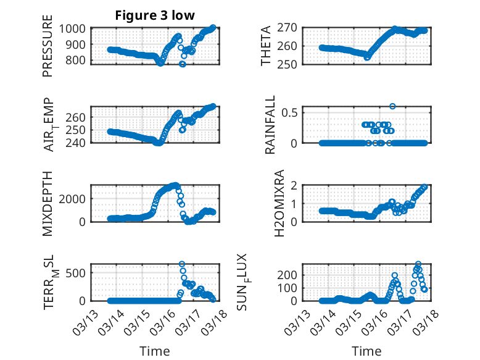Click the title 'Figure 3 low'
point(155,15)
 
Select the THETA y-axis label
point(266,46)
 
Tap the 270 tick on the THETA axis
point(290,28)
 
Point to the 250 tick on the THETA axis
point(290,64)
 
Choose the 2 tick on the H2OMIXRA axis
point(295,185)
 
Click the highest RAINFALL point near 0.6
point(392,106)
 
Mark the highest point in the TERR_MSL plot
point(182,264)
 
